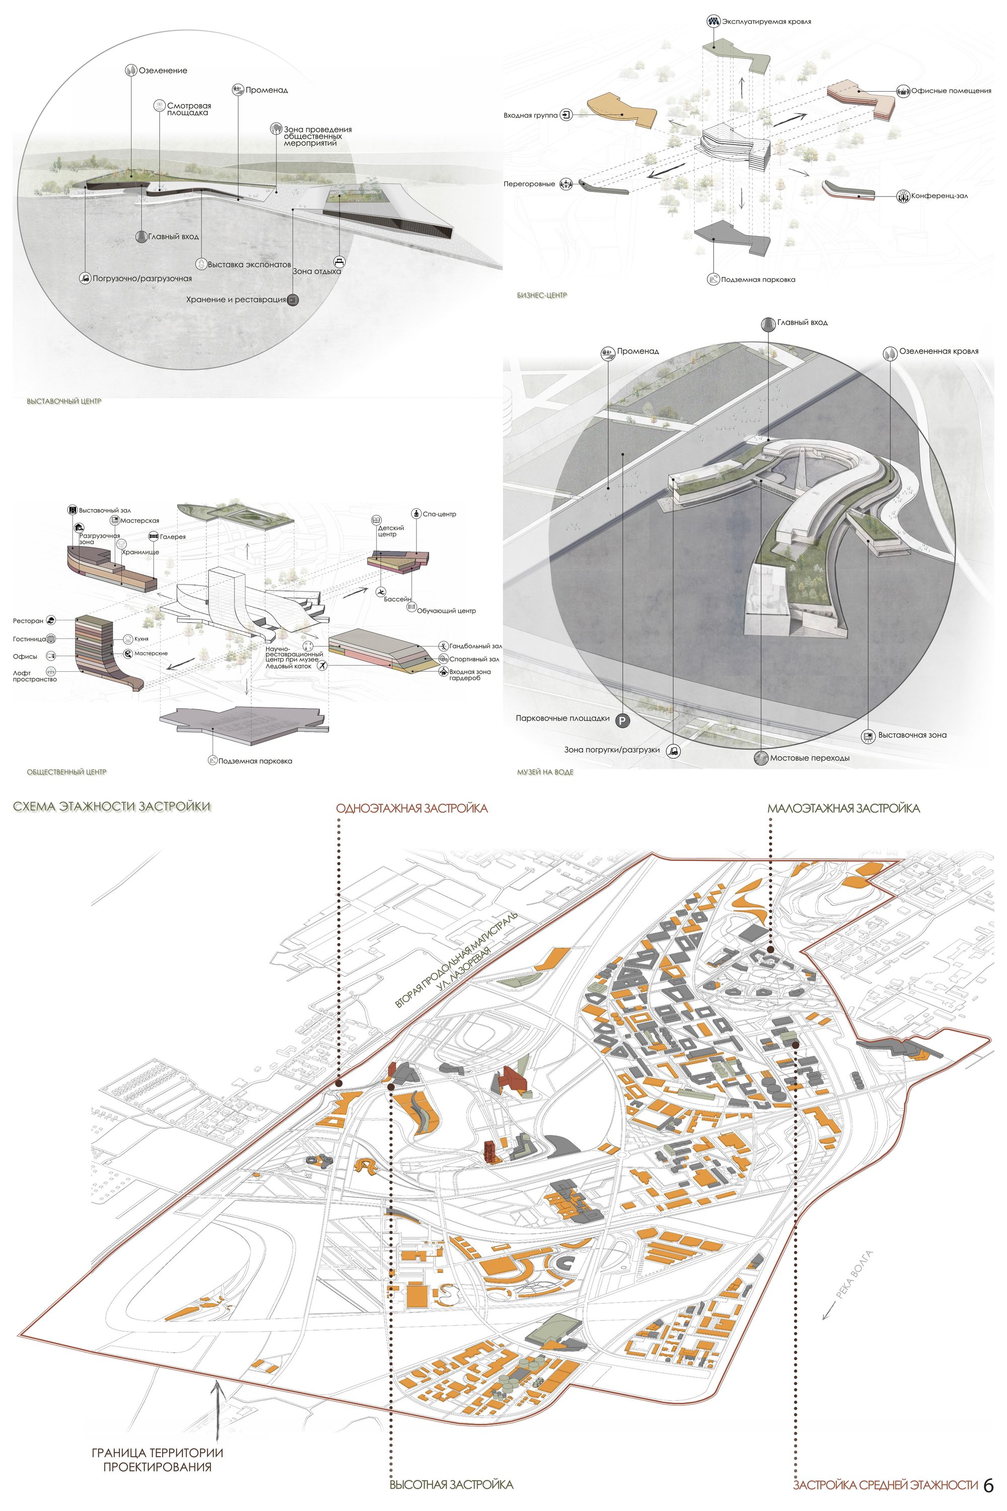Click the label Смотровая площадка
click(x=189, y=109)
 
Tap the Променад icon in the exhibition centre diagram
click(x=238, y=90)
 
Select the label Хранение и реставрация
click(x=236, y=299)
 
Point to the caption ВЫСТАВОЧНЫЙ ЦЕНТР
click(x=64, y=401)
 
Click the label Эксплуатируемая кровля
click(x=766, y=21)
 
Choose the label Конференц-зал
click(x=939, y=196)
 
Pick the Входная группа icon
click(x=566, y=116)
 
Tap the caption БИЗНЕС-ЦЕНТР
click(x=542, y=296)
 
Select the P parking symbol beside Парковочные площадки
click(x=622, y=721)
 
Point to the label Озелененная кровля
click(x=939, y=351)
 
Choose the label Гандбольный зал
click(x=475, y=646)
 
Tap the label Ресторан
click(x=28, y=621)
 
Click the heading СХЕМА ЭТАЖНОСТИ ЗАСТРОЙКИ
click(x=112, y=807)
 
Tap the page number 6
click(x=988, y=1485)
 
